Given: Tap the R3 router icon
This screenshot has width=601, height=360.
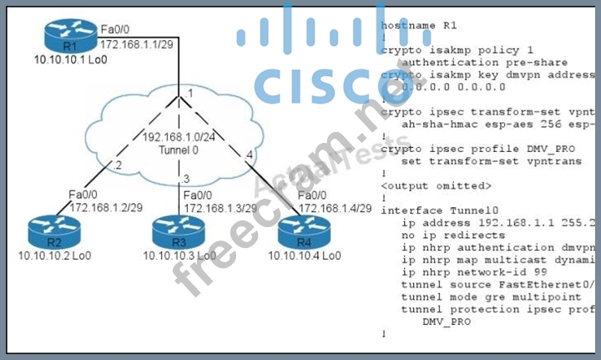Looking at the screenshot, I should tap(178, 231).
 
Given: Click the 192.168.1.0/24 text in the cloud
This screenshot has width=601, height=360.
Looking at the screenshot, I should tap(180, 137).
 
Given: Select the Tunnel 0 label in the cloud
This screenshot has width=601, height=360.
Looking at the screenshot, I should tap(181, 150).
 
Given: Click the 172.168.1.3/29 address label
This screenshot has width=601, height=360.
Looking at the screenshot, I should tap(220, 207).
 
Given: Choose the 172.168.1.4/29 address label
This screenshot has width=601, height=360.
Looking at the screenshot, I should tap(335, 207).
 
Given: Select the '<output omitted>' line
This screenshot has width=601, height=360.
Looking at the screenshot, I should tap(436, 185).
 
